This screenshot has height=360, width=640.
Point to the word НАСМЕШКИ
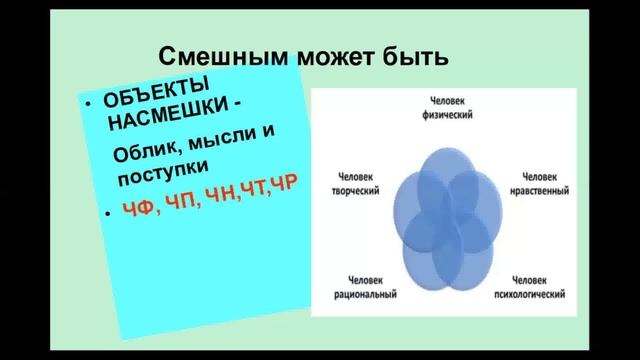(x=165, y=119)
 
